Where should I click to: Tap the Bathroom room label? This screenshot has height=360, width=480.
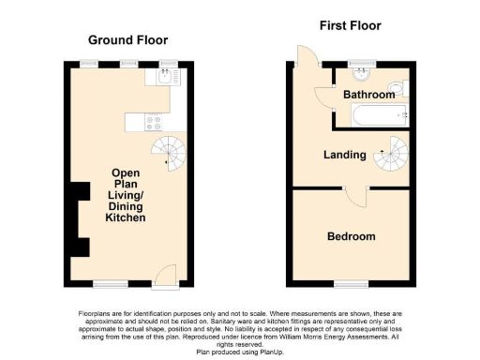point(368,95)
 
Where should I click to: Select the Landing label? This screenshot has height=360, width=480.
point(345,156)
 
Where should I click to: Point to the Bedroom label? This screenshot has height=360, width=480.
point(352,236)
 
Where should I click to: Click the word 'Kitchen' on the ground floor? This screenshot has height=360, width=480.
point(126,217)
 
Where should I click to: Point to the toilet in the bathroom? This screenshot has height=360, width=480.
point(397,90)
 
